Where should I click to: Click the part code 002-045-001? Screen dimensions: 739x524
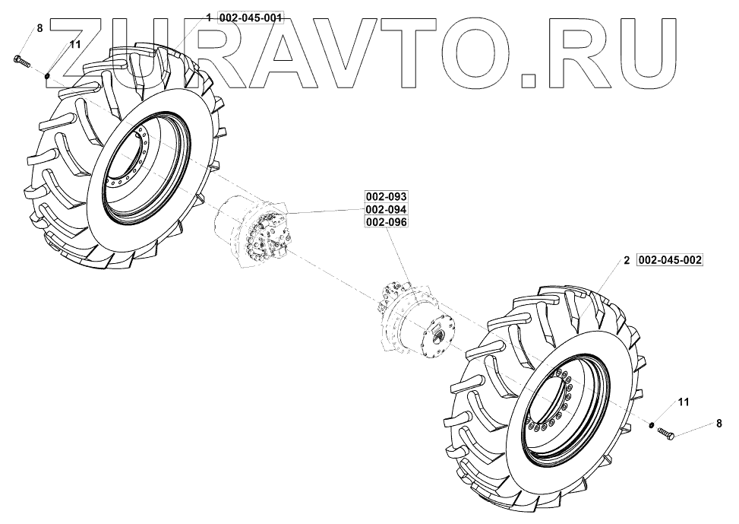(x=251, y=18)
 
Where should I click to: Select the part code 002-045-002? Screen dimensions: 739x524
(x=669, y=260)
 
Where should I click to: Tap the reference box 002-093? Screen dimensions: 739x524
(x=386, y=196)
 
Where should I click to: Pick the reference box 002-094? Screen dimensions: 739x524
(x=386, y=209)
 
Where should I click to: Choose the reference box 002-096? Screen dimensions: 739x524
(x=386, y=222)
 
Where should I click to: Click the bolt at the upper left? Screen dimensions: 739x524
(x=22, y=61)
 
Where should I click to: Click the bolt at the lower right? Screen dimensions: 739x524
(x=666, y=432)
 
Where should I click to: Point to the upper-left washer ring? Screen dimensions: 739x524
(x=48, y=75)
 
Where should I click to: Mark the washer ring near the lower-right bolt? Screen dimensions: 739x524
(x=651, y=424)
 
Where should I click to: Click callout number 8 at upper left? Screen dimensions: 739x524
(x=39, y=29)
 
